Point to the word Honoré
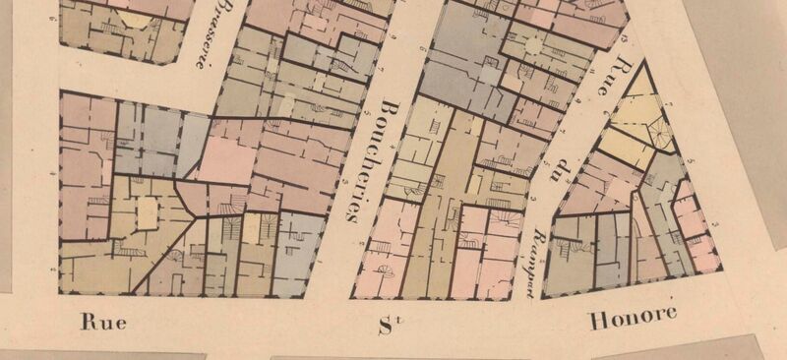635,319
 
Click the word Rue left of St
105,322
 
